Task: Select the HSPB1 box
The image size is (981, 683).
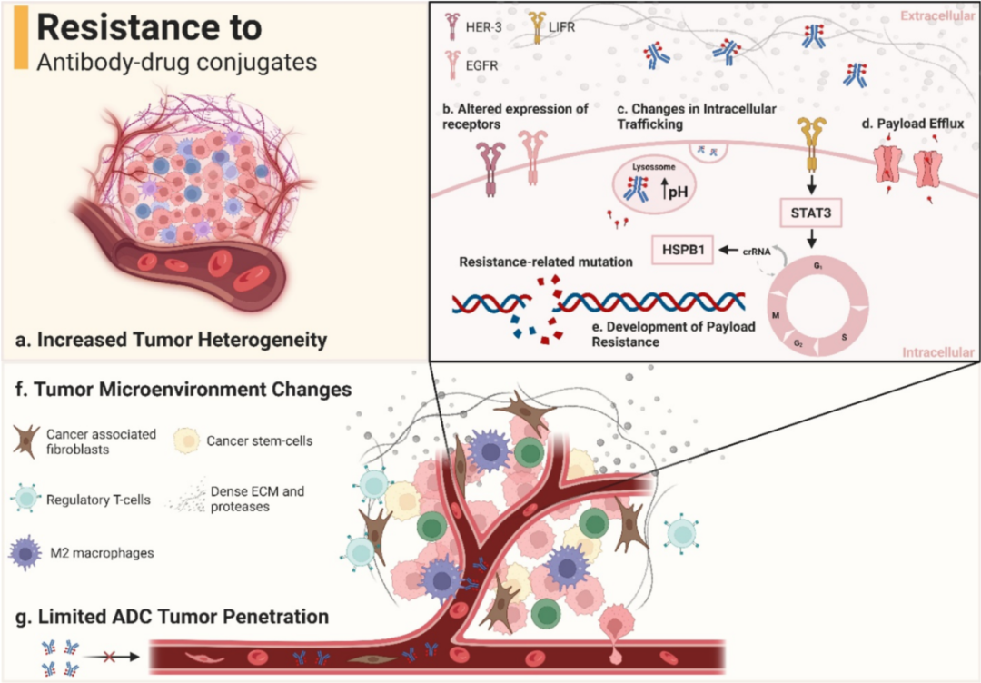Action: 684,248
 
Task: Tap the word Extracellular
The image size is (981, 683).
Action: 936,15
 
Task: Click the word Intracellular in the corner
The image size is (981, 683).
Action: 936,351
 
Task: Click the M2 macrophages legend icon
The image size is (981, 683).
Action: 30,552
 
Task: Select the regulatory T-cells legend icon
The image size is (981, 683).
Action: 30,497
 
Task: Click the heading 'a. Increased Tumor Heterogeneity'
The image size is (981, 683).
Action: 170,341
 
